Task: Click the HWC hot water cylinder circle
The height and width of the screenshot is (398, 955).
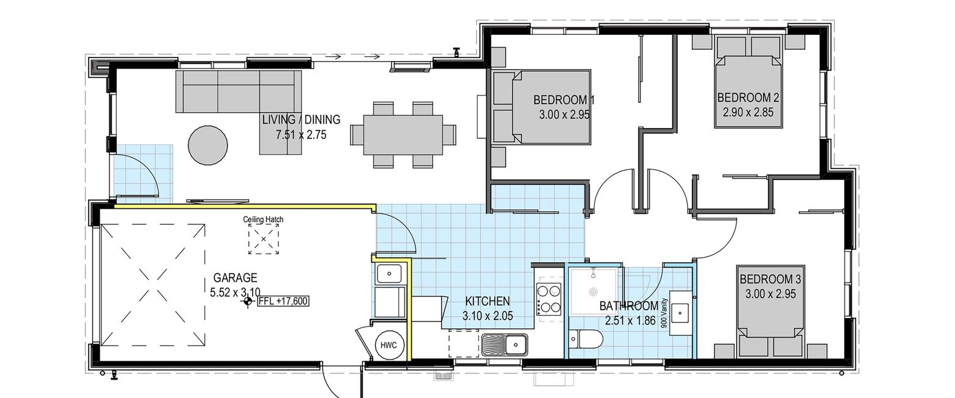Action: pyautogui.click(x=388, y=345)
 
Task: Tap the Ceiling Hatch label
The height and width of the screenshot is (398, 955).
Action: pyautogui.click(x=263, y=219)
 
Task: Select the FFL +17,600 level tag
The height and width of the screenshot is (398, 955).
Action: pyautogui.click(x=283, y=301)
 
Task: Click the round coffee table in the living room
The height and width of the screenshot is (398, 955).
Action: pyautogui.click(x=208, y=145)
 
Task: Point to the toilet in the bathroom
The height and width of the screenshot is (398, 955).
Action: pyautogui.click(x=586, y=340)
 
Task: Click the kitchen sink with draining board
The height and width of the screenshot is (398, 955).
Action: pyautogui.click(x=505, y=344)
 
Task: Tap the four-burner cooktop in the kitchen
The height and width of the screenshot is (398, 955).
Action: pyautogui.click(x=549, y=299)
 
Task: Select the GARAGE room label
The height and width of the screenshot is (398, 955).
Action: pyautogui.click(x=235, y=278)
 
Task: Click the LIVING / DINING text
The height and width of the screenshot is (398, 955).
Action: pyautogui.click(x=301, y=119)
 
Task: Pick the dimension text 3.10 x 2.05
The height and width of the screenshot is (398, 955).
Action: pyautogui.click(x=488, y=316)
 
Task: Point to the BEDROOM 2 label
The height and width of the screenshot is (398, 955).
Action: pyautogui.click(x=748, y=98)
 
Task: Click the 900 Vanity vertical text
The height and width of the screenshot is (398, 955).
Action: pyautogui.click(x=663, y=313)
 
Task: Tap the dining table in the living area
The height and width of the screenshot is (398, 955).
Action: pyautogui.click(x=403, y=134)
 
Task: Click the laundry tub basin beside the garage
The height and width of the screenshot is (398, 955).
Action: pyautogui.click(x=389, y=274)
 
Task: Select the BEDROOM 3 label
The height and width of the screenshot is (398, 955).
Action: pyautogui.click(x=770, y=279)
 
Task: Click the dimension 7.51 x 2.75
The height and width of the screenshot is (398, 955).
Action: pyautogui.click(x=301, y=135)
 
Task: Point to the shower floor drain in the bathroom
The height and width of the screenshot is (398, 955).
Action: pyautogui.click(x=593, y=292)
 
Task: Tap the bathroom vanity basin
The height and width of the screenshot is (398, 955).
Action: pyautogui.click(x=680, y=313)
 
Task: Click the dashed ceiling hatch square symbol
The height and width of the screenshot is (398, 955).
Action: pyautogui.click(x=264, y=239)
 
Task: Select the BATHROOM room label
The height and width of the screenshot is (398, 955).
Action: pyautogui.click(x=629, y=306)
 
